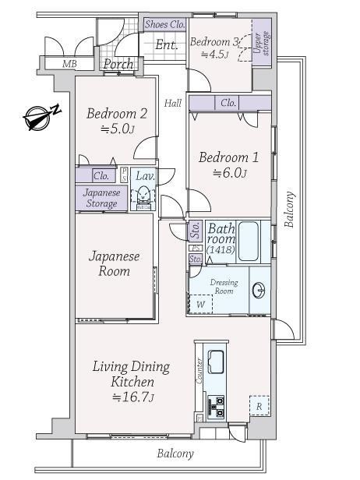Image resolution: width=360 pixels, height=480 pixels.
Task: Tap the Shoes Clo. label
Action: (x=165, y=24)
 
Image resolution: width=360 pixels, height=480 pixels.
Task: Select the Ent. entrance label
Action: (x=167, y=45)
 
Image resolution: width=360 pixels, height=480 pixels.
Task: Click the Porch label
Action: (x=118, y=64)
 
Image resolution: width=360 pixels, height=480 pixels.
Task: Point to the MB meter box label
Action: (x=69, y=64)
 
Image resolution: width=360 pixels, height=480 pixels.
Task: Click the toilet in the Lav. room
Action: (x=143, y=196)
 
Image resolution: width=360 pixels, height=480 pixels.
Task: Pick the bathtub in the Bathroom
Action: (x=249, y=241)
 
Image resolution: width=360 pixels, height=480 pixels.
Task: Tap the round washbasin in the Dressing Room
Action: (x=259, y=290)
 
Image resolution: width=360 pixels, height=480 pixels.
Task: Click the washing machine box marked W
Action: (x=200, y=304)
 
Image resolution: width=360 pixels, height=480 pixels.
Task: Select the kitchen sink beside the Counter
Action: (x=216, y=362)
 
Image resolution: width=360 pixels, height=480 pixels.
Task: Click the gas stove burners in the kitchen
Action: (x=216, y=406)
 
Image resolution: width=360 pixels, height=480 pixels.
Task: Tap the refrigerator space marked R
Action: (x=259, y=406)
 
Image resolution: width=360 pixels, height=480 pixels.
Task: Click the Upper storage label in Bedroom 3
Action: (x=262, y=43)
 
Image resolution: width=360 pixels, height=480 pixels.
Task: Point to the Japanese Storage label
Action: (x=101, y=198)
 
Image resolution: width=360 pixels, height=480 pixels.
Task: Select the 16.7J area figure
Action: (x=132, y=397)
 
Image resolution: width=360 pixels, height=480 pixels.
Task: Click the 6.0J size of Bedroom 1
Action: (x=229, y=173)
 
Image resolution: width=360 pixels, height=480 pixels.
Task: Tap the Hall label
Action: (x=173, y=103)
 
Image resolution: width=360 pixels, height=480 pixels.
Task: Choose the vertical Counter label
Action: (x=199, y=371)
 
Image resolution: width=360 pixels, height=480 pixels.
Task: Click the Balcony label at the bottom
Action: (x=175, y=454)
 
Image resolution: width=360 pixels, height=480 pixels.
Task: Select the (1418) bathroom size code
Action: (x=221, y=249)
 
